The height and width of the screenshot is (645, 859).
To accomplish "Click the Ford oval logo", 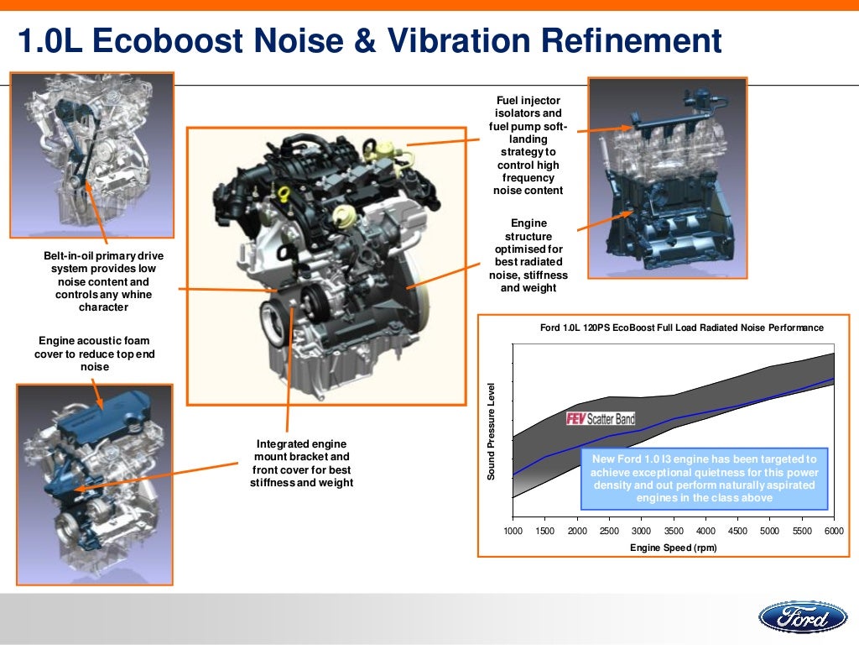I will point(803,619).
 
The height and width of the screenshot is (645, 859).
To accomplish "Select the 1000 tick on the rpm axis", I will point(513,532).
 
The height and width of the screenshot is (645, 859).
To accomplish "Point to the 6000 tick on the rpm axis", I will point(834,532).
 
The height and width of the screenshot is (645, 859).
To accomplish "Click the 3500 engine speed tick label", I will point(673,532).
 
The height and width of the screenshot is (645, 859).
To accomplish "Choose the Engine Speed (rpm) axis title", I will point(673,548).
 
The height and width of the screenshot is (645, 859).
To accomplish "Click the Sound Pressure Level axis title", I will point(492,431).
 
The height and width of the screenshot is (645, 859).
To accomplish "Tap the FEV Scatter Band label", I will point(601,418).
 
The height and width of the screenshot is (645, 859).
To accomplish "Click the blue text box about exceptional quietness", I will point(704,479).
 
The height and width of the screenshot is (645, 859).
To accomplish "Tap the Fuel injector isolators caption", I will point(528,145).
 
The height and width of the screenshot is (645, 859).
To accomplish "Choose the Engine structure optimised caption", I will point(528,255).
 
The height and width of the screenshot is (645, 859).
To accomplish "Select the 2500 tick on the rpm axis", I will point(609,532).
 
